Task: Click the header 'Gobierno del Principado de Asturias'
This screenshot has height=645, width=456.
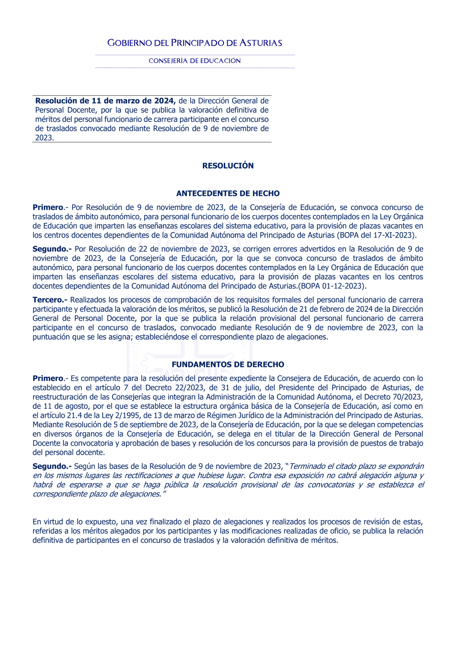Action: coord(195,43)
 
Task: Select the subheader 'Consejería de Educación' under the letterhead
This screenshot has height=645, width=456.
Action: coord(195,61)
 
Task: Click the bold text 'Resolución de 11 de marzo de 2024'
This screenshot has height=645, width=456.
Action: coord(105,101)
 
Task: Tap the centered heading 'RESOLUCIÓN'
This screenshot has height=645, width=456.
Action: coord(228,166)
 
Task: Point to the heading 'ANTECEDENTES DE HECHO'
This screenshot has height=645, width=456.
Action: coord(228,193)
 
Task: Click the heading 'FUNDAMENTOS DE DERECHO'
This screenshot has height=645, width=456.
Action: coord(228,364)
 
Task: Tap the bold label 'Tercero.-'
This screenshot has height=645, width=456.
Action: coord(50,300)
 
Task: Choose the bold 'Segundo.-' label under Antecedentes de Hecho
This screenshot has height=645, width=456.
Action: coord(52,249)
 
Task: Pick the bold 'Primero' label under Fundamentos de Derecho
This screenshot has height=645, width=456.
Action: coord(48,378)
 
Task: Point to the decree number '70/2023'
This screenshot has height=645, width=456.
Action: coord(409,397)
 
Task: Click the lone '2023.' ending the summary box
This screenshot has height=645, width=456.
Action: coord(45,138)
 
